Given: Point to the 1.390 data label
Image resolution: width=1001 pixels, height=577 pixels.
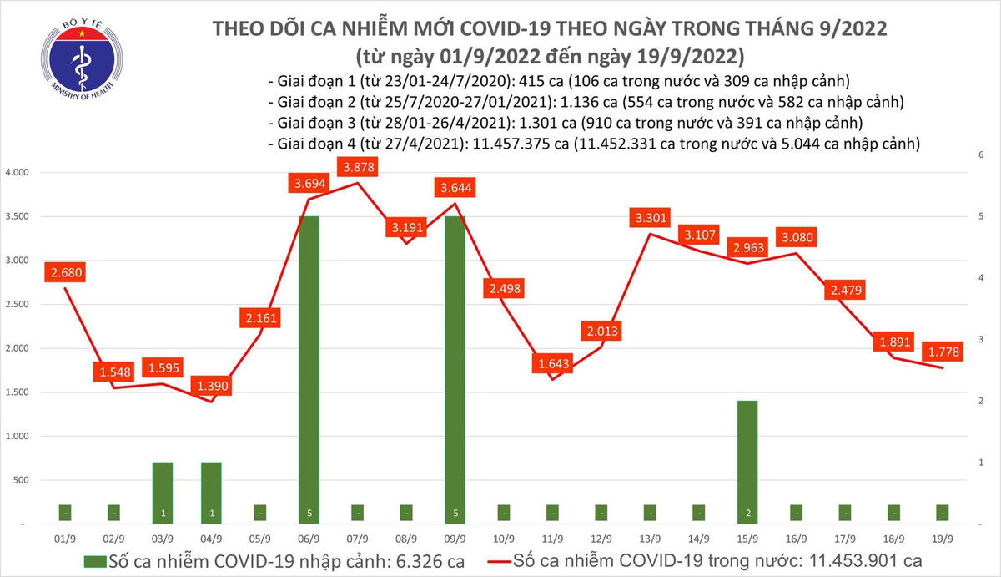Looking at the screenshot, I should (x=212, y=386).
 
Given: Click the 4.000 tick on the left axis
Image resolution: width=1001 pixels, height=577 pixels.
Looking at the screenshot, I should (x=18, y=173).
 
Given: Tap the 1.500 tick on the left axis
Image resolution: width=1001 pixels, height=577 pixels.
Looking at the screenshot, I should (x=18, y=392).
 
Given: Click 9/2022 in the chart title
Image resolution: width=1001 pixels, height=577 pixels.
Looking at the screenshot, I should (x=844, y=29).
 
